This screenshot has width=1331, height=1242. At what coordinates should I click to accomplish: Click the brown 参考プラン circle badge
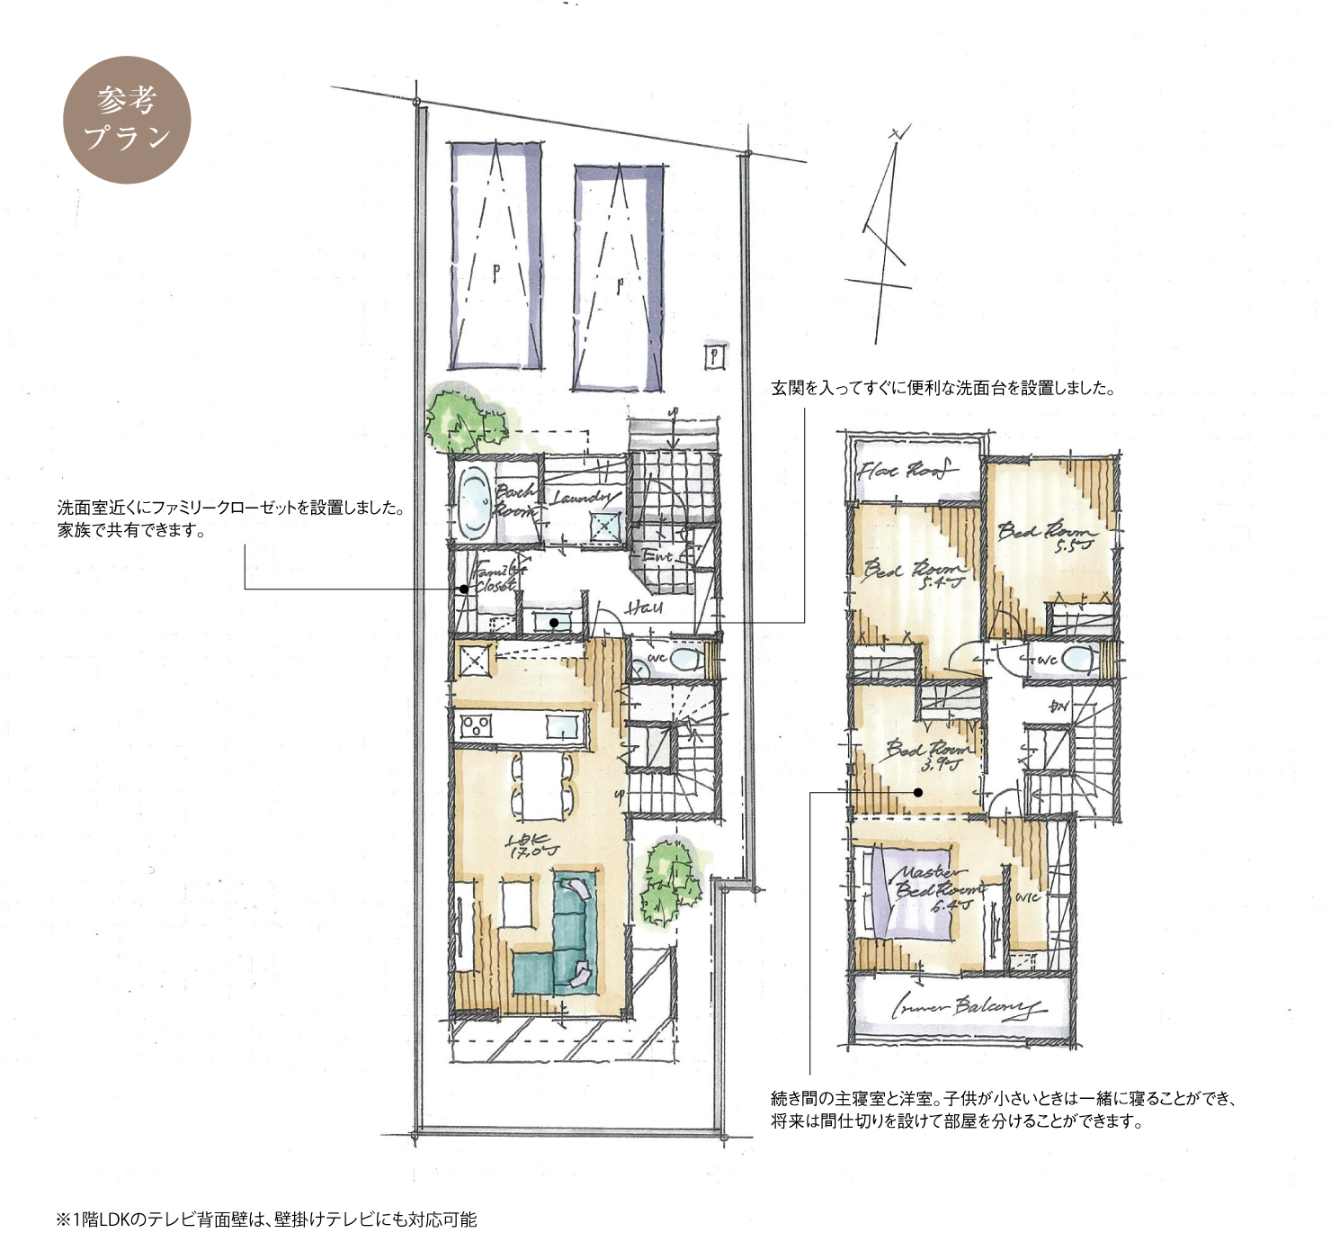[x=127, y=120]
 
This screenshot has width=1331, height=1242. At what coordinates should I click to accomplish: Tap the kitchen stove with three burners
[x=476, y=724]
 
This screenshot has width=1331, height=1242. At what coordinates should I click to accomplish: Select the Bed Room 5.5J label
[x=1048, y=535]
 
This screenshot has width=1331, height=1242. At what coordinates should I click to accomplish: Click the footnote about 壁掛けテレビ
[x=266, y=1219]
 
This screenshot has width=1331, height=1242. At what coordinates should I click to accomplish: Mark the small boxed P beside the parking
[x=715, y=356]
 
